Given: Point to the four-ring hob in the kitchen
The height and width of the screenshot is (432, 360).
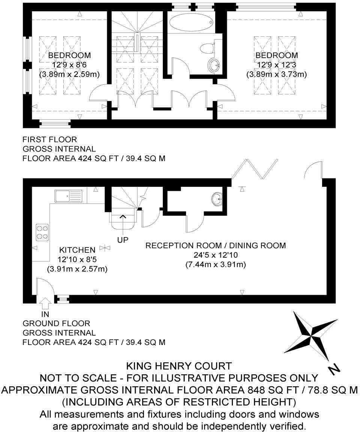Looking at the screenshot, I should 42,232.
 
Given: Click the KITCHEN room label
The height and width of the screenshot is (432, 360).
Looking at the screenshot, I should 77,250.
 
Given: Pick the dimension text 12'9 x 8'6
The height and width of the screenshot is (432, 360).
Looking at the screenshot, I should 69,64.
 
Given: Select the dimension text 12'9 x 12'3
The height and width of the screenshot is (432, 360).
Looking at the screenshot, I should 276,64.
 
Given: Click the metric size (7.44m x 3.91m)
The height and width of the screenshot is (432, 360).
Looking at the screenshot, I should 216,264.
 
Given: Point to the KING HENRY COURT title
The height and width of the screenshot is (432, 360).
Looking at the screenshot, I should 179,366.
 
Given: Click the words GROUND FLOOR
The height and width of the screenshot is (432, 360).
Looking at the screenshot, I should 56,323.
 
